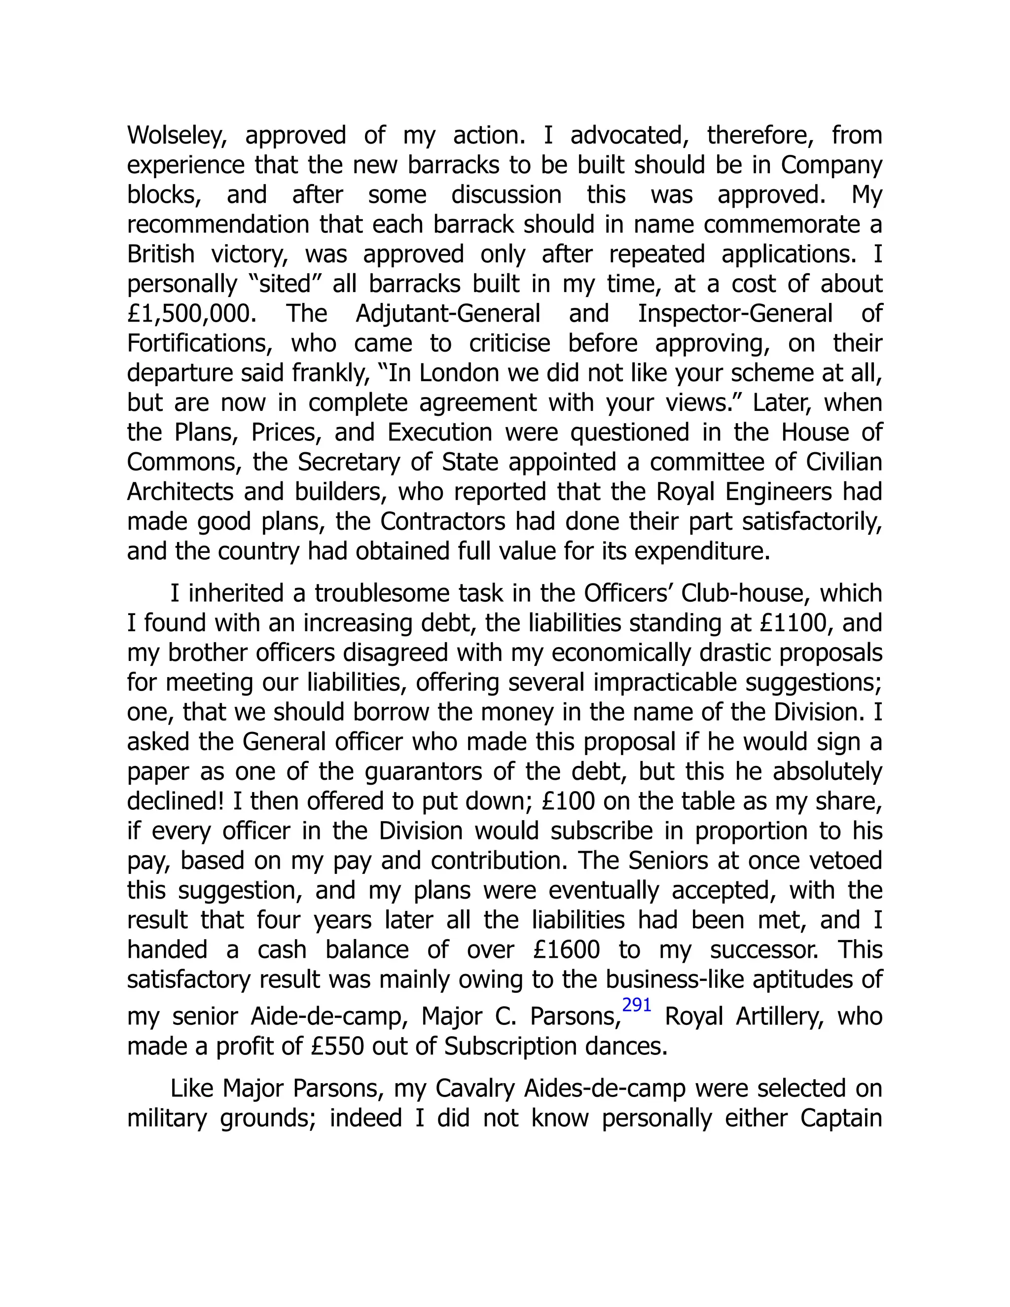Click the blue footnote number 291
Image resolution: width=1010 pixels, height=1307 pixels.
pyautogui.click(x=637, y=1005)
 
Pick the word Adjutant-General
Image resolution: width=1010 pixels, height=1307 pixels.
pyautogui.click(x=448, y=314)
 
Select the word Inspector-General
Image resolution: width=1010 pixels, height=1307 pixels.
pyautogui.click(x=735, y=314)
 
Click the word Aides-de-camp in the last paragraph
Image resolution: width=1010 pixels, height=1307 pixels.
pyautogui.click(x=604, y=1089)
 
